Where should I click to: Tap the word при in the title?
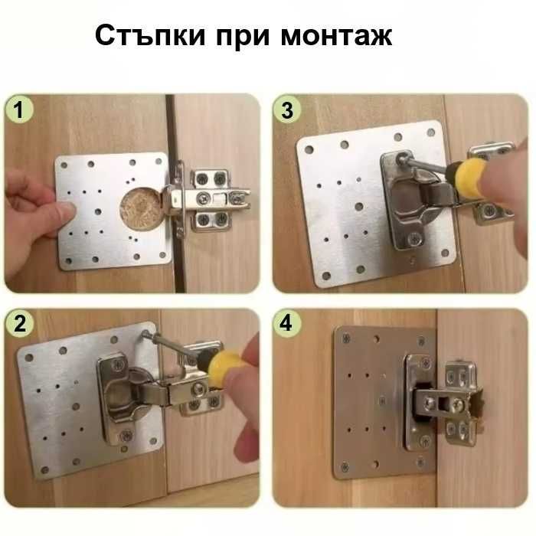point(249,36)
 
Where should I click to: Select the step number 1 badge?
point(21,111)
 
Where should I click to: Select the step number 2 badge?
point(21,323)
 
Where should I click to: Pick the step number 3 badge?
point(287,111)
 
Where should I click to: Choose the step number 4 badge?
point(287,323)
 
